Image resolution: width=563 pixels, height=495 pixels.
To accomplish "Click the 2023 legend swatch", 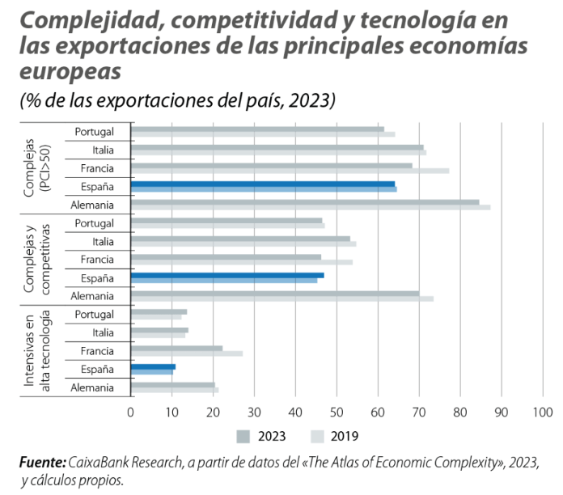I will pyautogui.click(x=243, y=437).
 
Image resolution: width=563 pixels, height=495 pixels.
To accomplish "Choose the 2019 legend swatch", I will pyautogui.click(x=318, y=437).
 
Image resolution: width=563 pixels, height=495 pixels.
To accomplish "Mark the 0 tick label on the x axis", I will pyautogui.click(x=131, y=412).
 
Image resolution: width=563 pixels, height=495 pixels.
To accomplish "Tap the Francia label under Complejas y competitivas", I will pyautogui.click(x=96, y=260).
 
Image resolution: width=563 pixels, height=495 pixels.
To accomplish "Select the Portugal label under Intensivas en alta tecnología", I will pyautogui.click(x=94, y=315).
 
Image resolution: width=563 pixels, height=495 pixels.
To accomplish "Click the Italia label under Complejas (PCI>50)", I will pyautogui.click(x=103, y=150).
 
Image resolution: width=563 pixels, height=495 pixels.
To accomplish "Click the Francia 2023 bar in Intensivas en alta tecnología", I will pyautogui.click(x=176, y=348).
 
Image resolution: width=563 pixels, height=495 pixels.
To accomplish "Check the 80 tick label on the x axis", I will pyautogui.click(x=460, y=412).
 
